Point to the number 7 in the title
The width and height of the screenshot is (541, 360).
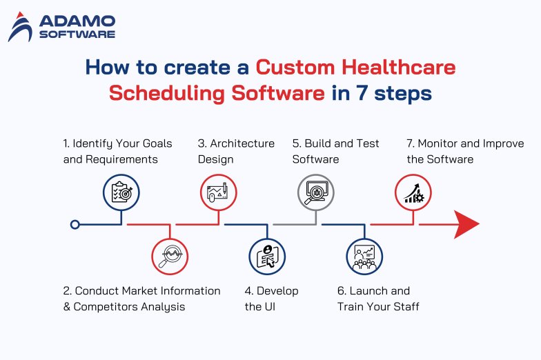pyautogui.click(x=366, y=93)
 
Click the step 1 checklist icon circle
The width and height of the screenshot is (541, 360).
pyautogui.click(x=121, y=192)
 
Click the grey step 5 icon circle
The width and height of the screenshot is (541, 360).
pyautogui.click(x=315, y=192)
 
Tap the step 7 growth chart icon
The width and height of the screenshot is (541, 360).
pyautogui.click(x=413, y=192)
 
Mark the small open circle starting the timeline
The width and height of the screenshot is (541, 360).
pyautogui.click(x=75, y=224)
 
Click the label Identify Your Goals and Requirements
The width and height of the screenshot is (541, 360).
pyautogui.click(x=117, y=151)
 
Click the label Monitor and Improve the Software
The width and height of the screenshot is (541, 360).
pyautogui.click(x=464, y=151)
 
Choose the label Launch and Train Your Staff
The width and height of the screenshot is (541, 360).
pyautogui.click(x=377, y=298)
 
